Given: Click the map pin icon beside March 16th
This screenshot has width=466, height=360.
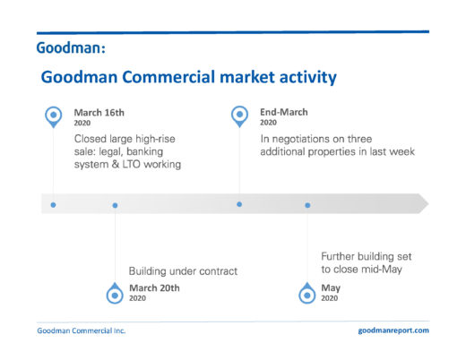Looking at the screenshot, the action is tap(54, 117).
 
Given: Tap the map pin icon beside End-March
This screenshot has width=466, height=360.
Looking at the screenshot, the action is tap(239, 116).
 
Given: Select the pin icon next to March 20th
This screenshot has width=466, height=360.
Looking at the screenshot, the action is tap(115, 293).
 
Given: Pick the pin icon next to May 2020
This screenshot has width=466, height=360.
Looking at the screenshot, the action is tap(307, 293).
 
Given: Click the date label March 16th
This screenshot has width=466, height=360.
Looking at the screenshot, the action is tap(99, 113).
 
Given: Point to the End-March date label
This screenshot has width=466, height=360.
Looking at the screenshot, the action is tap(284, 112).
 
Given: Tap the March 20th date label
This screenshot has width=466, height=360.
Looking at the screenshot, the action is tap(154, 288).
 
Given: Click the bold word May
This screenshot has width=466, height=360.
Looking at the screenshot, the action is tap(331, 288).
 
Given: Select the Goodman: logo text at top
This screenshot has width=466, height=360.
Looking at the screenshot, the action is tap(71, 47).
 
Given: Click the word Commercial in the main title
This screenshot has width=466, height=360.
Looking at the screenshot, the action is tap(168, 77).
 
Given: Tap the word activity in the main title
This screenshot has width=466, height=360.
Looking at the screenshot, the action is tap(308, 78).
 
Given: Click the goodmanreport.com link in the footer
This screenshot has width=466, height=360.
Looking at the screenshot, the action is tap(393, 330).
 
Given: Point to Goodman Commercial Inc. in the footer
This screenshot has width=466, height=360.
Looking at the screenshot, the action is tap(82, 330).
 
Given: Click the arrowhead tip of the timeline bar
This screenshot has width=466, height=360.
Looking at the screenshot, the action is tap(428, 204).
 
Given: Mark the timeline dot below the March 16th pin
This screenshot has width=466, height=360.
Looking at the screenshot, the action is tap(53, 205).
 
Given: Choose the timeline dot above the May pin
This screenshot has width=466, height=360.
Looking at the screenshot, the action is tap(307, 205).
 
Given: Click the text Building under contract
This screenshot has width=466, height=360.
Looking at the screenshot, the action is tap(183, 271).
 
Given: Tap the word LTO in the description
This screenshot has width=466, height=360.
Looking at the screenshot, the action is tap(131, 165).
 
